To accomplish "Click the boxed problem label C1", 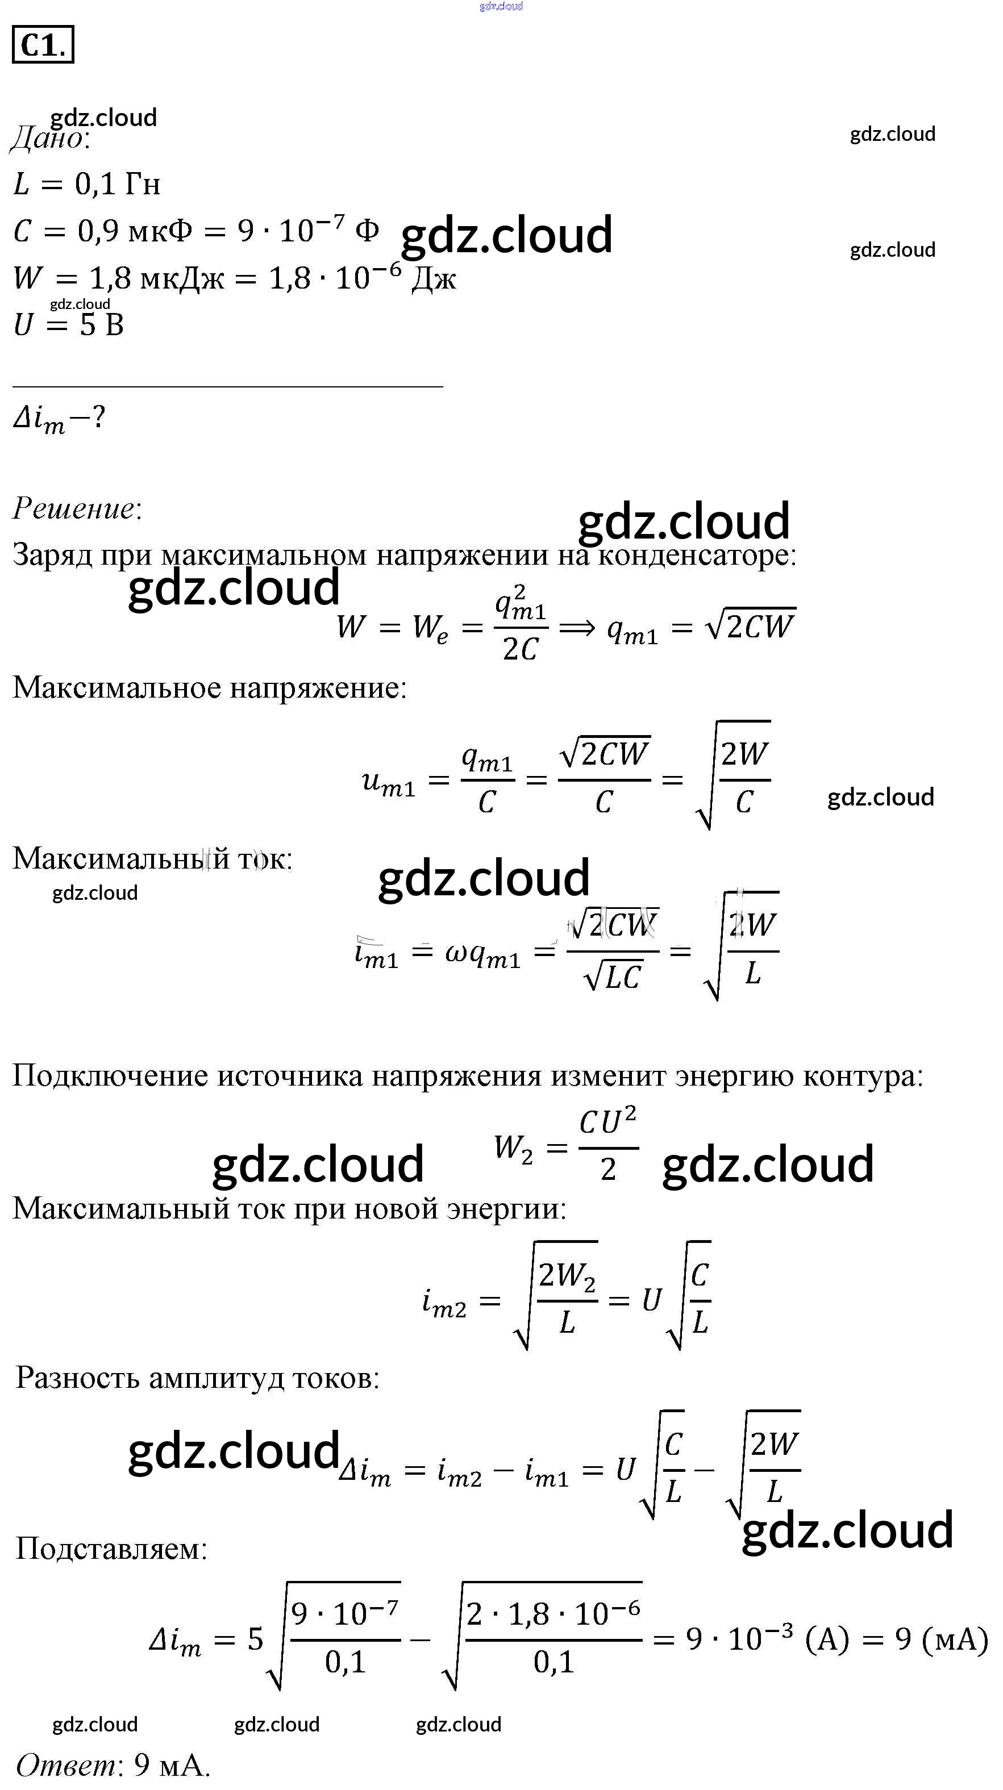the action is click(43, 45).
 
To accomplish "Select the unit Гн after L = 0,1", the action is click(143, 184).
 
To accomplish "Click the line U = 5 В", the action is click(68, 324).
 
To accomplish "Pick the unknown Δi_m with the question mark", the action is click(59, 419).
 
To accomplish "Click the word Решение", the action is click(75, 508).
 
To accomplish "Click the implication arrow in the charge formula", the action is click(577, 628).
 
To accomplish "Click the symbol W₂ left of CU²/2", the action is click(513, 1149).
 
